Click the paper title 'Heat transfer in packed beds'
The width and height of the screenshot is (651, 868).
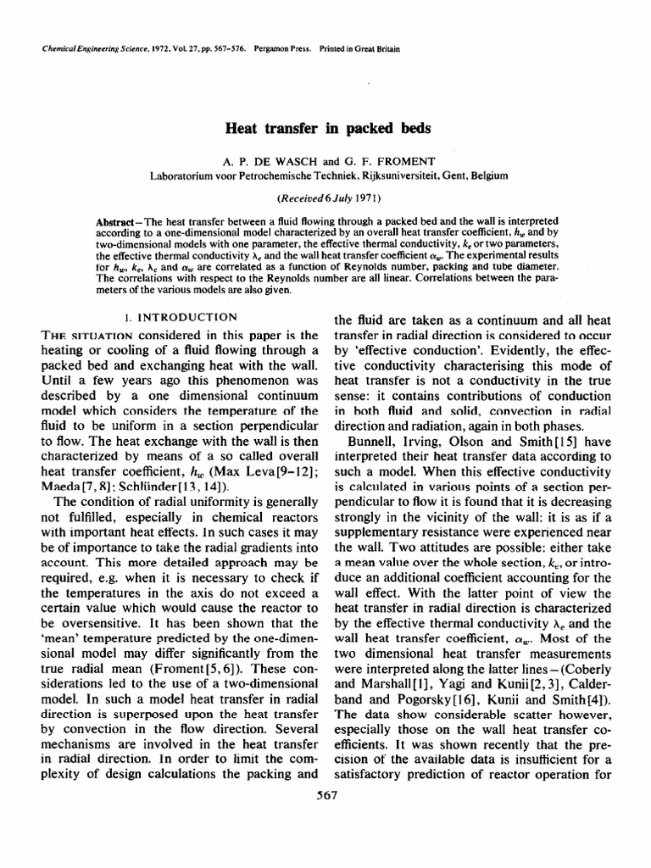coord(327,129)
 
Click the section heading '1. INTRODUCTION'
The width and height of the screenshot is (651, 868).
coord(181,317)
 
